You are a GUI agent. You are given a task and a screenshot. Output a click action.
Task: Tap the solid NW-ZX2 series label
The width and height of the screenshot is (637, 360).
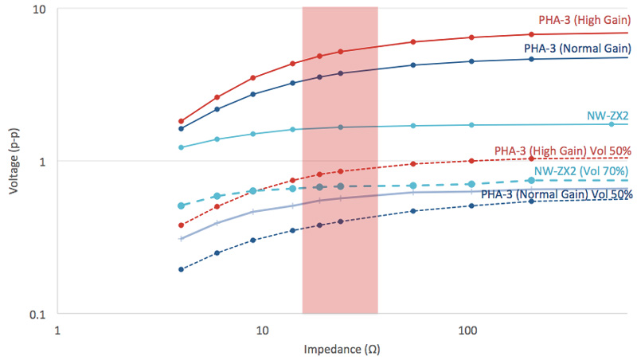point(607,115)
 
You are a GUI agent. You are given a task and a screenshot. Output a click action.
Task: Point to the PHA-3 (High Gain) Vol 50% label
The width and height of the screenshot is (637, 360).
point(563,150)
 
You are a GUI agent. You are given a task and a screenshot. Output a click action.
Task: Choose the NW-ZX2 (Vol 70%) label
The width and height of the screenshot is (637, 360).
point(580,170)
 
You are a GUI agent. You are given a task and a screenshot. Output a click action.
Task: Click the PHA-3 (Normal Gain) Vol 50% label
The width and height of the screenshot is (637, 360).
point(557,194)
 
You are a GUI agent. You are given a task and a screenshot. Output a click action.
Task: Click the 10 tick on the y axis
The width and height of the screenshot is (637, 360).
point(40,10)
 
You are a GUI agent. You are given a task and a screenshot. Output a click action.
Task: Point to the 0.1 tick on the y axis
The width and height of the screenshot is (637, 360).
point(37,314)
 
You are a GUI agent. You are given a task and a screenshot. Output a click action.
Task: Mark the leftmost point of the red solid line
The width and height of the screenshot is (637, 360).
point(181,121)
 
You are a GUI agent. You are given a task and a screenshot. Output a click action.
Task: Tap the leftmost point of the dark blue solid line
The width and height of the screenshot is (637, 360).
point(181,128)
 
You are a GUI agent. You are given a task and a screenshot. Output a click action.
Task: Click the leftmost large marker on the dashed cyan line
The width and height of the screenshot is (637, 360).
point(181,205)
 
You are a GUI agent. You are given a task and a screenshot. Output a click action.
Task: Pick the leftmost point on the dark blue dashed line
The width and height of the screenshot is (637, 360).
point(181,269)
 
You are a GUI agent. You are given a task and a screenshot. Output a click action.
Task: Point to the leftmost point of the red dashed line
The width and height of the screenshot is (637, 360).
point(181,225)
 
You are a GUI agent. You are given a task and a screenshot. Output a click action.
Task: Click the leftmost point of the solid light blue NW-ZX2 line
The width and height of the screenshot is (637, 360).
point(181,147)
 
